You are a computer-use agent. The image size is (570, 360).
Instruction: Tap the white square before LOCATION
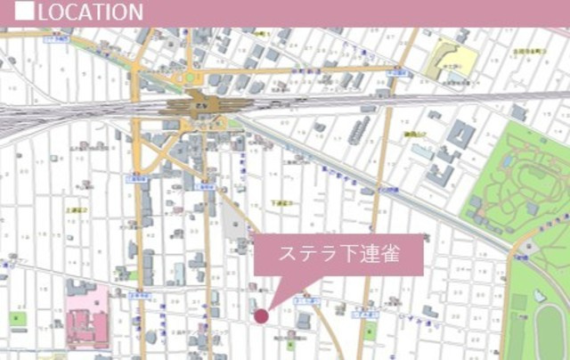tap(25, 11)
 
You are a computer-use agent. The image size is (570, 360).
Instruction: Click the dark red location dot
tap(261, 315)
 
